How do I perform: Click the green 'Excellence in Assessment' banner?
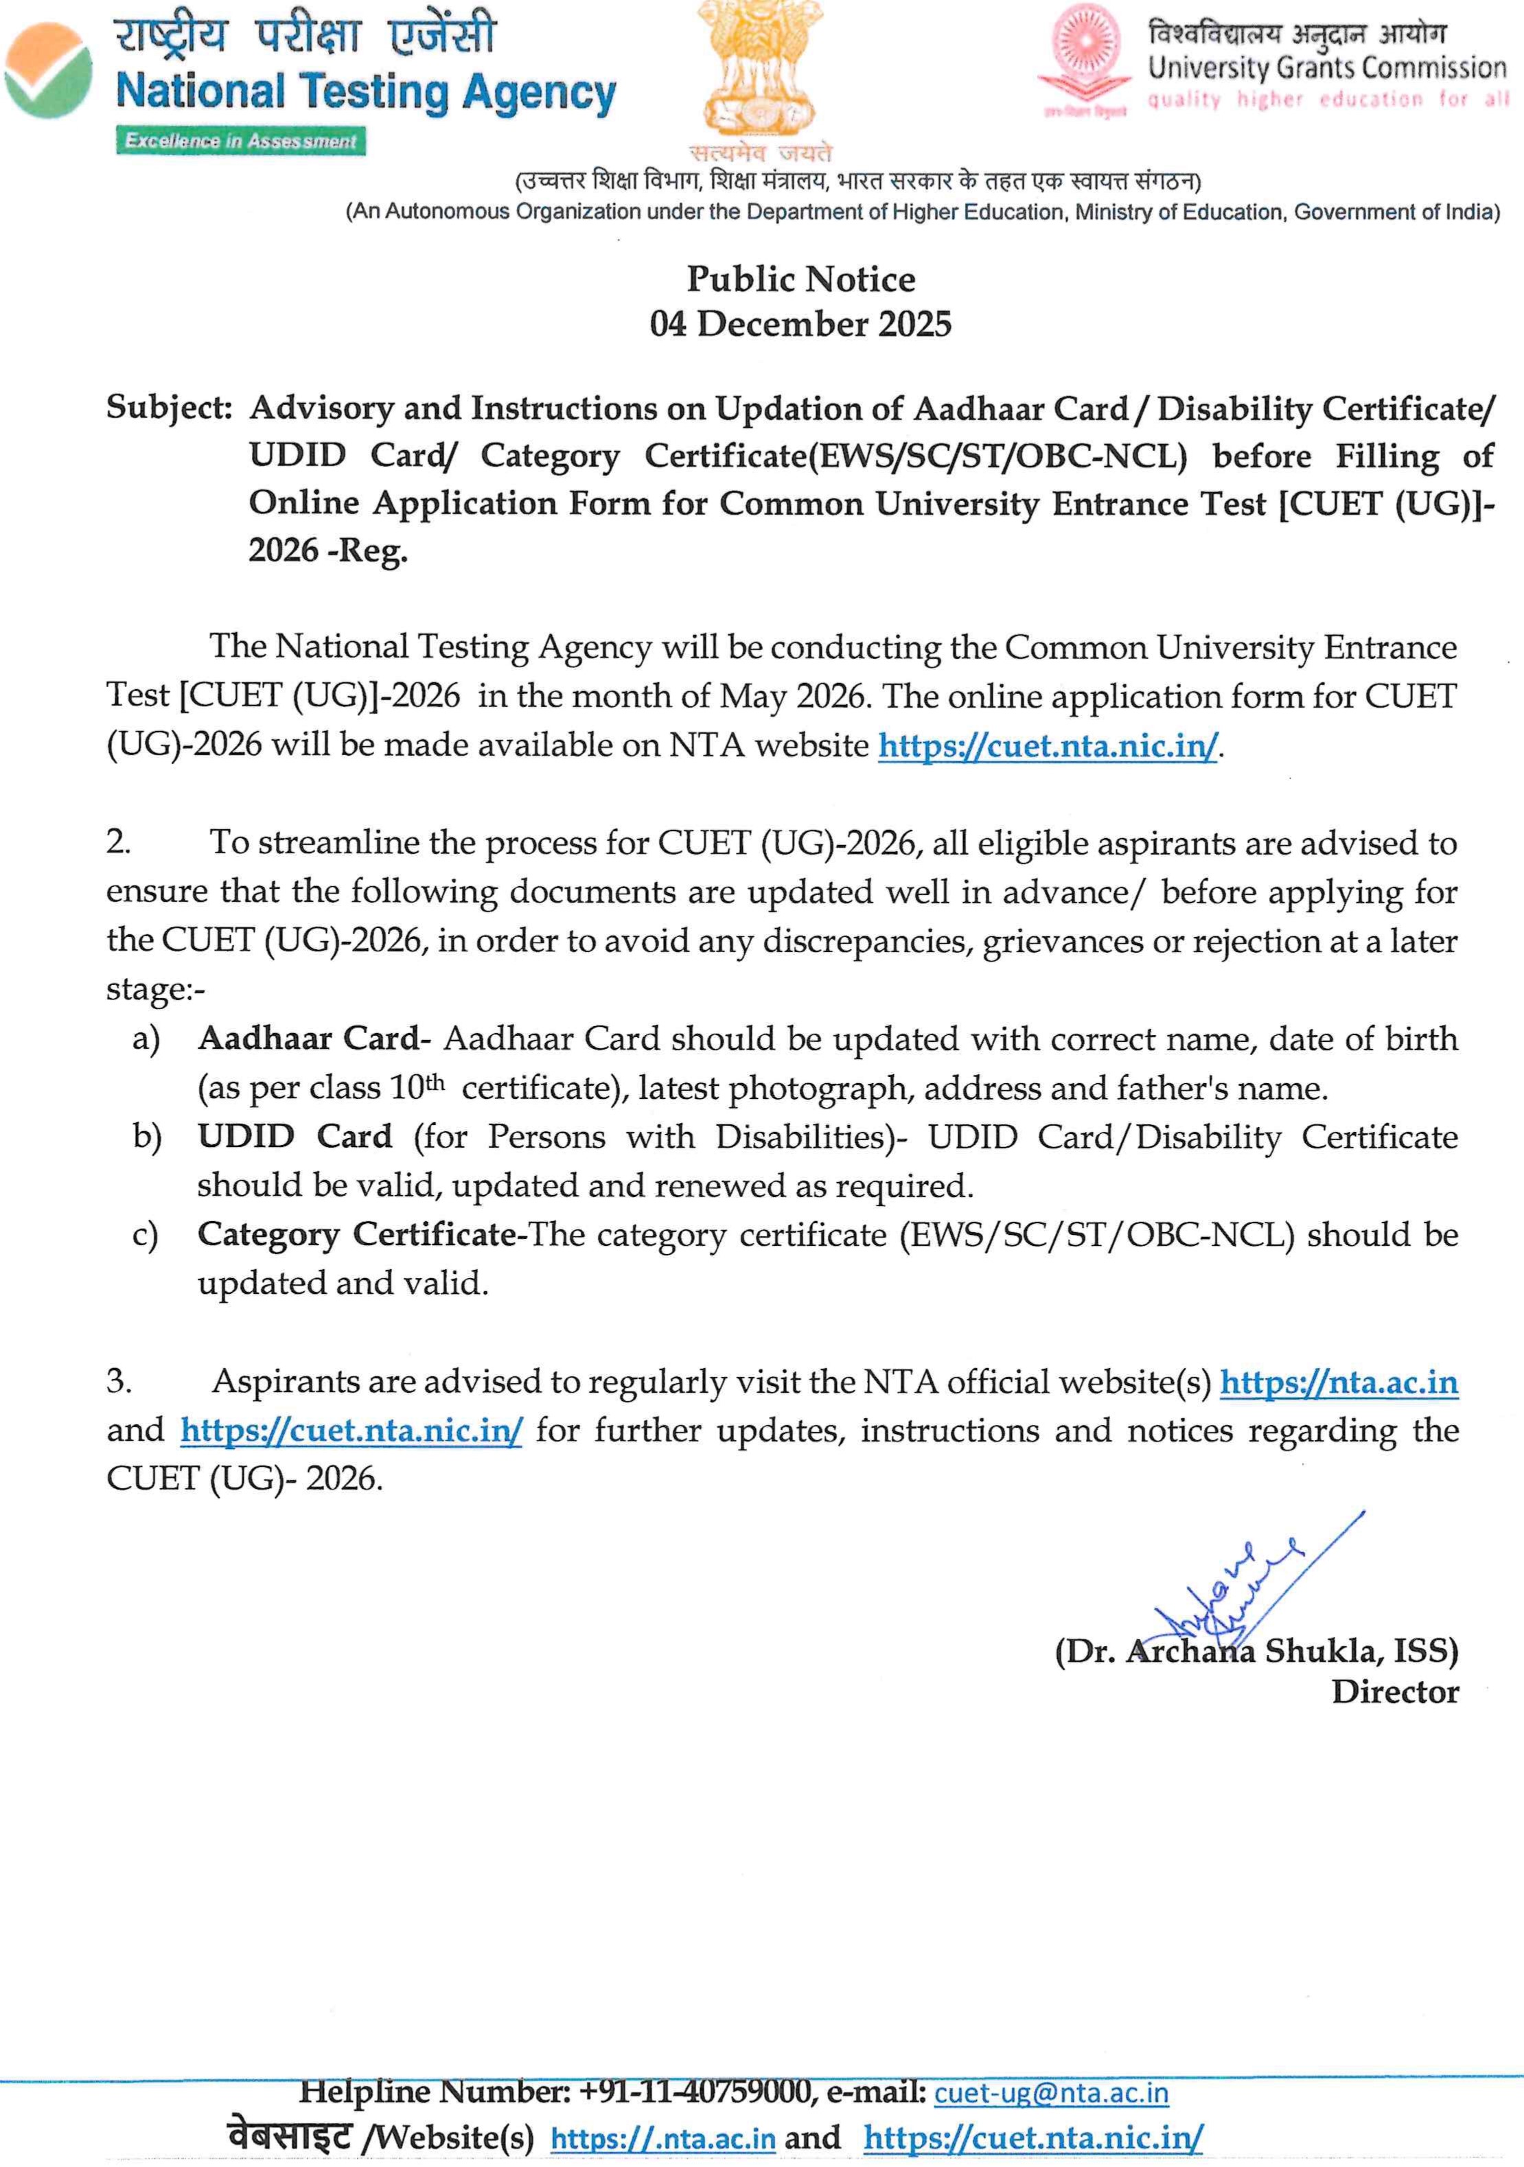point(241,141)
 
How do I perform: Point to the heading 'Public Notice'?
point(800,279)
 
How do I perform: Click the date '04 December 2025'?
point(800,324)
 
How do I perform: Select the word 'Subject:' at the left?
point(169,408)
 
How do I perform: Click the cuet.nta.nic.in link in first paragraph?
point(1048,745)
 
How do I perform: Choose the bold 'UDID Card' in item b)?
point(295,1137)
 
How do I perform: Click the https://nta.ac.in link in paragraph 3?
point(1338,1382)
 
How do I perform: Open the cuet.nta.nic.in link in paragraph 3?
point(351,1430)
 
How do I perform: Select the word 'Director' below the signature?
point(1394,1692)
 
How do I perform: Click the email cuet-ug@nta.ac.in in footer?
point(1050,2094)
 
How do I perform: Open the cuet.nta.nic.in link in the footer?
point(1032,2137)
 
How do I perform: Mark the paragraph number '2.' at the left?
point(118,842)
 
